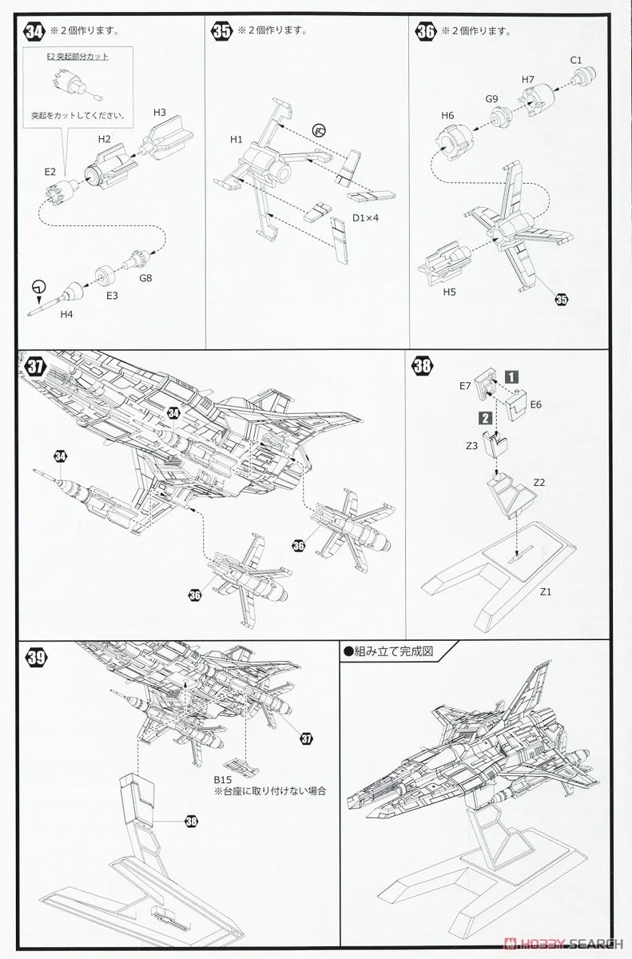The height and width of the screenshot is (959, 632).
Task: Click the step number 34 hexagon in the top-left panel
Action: coord(34,31)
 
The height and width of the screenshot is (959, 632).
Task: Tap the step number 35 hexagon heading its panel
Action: coord(221,31)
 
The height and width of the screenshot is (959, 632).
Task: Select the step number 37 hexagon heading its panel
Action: coord(34,367)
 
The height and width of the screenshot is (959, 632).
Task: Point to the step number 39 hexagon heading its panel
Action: coord(34,658)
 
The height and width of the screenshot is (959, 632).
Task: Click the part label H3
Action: coord(158,112)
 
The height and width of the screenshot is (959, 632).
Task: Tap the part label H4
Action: coord(67,314)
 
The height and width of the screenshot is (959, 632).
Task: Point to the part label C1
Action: coord(576,61)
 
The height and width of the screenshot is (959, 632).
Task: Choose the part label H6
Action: coord(447,116)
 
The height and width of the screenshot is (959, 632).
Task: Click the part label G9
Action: coord(492,98)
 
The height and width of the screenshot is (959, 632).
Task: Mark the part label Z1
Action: coord(547,591)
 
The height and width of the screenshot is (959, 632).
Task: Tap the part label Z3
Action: coord(471,444)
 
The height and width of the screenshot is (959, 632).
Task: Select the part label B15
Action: coord(222,778)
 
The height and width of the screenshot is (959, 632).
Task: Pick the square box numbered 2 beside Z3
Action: coord(484,416)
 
